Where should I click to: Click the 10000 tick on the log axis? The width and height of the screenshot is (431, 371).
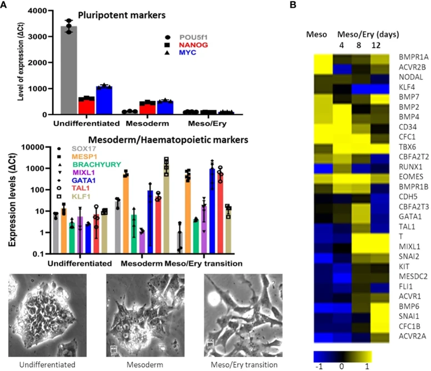click(38, 147)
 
